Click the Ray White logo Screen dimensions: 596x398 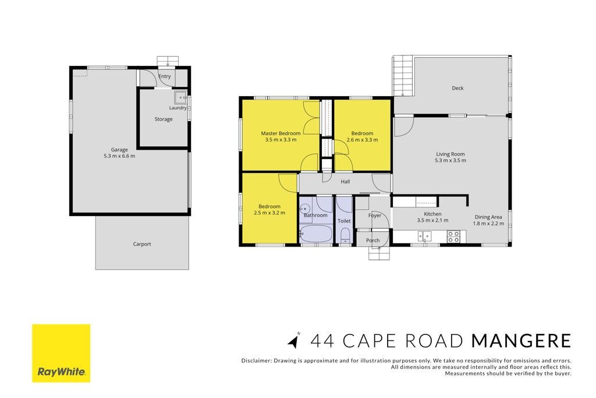[x=61, y=353]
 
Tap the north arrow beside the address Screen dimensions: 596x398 [x=293, y=340]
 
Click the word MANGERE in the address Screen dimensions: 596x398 [x=521, y=340]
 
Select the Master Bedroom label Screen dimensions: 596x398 [x=281, y=133]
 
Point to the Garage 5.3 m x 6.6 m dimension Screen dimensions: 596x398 [x=119, y=156]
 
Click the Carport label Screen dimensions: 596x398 [x=142, y=244]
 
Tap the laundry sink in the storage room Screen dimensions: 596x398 [x=180, y=97]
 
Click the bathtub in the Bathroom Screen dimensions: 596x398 [x=316, y=234]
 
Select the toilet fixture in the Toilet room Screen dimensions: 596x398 [x=345, y=235]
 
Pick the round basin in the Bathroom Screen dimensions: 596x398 [x=304, y=209]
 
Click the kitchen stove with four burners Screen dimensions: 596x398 [x=453, y=236]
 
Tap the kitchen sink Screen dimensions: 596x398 [x=424, y=236]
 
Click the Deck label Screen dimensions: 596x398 [x=457, y=88]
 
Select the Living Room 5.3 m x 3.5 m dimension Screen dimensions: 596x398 [x=450, y=160]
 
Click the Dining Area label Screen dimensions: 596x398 [x=488, y=217]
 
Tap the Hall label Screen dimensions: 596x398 [x=345, y=181]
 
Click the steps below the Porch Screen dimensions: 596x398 [x=379, y=253]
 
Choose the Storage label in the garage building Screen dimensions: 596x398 [x=164, y=119]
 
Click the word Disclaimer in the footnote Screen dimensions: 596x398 [x=257, y=360]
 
